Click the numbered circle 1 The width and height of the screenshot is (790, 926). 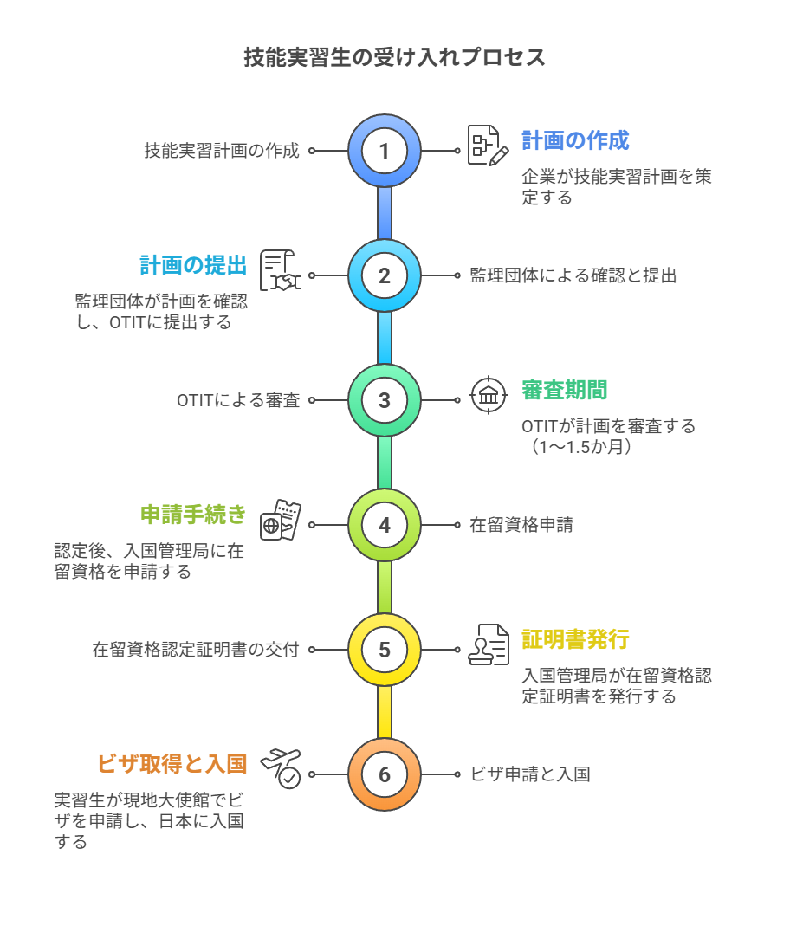[x=385, y=151]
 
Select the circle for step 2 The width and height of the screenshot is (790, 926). [x=385, y=275]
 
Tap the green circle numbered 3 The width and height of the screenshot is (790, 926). [x=385, y=400]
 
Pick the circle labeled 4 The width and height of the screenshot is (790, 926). [x=385, y=525]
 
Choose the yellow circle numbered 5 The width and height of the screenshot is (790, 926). [x=385, y=650]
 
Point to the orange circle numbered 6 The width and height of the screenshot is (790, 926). [x=385, y=774]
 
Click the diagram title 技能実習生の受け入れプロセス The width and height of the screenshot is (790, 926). [x=394, y=58]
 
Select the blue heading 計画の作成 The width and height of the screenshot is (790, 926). [x=575, y=140]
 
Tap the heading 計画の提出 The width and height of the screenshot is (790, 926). [x=193, y=265]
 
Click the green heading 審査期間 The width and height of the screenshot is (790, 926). [x=564, y=390]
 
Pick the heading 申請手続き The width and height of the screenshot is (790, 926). [x=193, y=515]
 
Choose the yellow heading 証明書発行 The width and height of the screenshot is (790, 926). [x=575, y=639]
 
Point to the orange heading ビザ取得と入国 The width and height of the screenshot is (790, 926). [x=172, y=764]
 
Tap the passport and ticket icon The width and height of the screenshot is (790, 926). [x=281, y=520]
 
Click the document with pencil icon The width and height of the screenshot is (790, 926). [x=489, y=146]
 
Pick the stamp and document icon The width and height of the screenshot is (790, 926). [x=489, y=645]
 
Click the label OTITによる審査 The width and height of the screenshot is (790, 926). [x=238, y=400]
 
